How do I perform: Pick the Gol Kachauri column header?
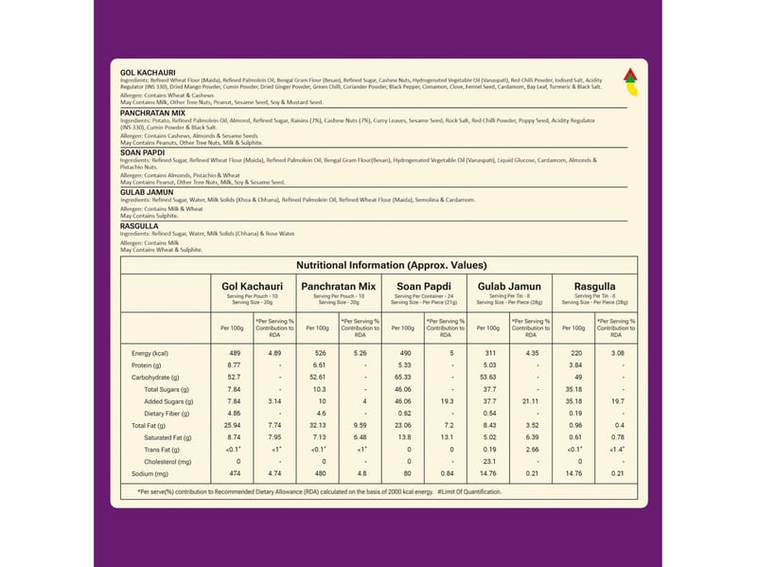coord(252,286)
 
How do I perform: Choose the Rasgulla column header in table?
coord(594,286)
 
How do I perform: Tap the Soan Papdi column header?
coord(423,286)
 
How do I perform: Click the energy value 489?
coord(236,353)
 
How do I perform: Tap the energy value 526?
coord(319,353)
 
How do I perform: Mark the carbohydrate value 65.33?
coord(404,377)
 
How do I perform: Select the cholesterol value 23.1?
coord(489,461)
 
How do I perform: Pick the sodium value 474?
coord(236,472)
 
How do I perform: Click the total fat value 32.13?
coord(319,425)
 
